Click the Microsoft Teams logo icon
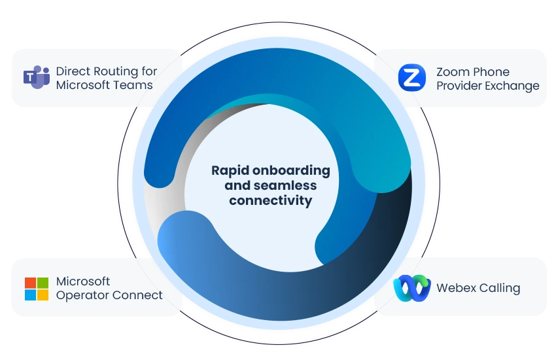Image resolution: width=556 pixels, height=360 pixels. click(x=37, y=77)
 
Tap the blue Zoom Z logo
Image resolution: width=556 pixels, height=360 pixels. click(x=412, y=78)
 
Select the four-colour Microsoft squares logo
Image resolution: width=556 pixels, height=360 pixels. click(x=37, y=288)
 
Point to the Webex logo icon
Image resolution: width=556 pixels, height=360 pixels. click(x=412, y=288)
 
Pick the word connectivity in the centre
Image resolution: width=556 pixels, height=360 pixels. click(x=270, y=201)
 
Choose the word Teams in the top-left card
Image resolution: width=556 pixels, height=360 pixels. click(x=133, y=85)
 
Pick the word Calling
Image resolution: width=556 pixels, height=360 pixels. click(x=499, y=289)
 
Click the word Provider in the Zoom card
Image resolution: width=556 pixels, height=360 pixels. click(x=459, y=86)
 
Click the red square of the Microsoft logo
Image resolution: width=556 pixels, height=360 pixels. click(x=30, y=283)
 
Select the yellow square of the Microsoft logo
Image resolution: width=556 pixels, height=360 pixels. click(x=43, y=295)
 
